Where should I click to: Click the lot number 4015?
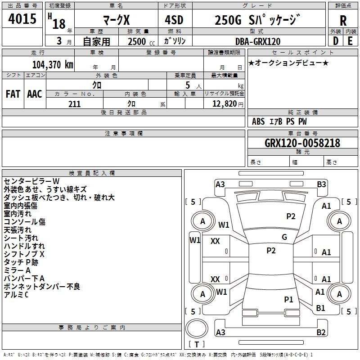point(22,19)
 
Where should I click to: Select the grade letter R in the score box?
point(343,21)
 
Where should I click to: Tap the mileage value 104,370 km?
point(53,65)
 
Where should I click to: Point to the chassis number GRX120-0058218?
point(302,143)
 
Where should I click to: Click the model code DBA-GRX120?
point(258,41)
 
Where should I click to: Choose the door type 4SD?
point(174,20)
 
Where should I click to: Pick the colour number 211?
point(74,104)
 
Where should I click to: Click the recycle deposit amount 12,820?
point(224,104)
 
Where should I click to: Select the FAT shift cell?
point(13,94)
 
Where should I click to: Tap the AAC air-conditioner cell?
point(35,94)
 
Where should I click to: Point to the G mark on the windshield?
point(284,237)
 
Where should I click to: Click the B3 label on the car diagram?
point(321,184)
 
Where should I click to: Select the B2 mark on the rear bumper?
point(321,332)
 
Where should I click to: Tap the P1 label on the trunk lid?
point(288,299)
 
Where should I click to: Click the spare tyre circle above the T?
point(197,328)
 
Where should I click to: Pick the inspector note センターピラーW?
point(31,181)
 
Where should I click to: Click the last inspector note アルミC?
point(16,295)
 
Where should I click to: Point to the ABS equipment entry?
point(258,121)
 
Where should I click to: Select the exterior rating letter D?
point(336,41)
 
